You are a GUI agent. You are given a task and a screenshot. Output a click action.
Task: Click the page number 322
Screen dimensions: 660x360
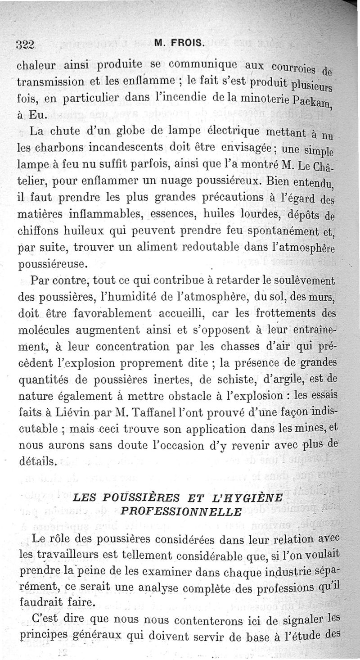(26, 44)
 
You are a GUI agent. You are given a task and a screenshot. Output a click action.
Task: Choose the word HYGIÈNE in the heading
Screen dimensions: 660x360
(257, 498)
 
